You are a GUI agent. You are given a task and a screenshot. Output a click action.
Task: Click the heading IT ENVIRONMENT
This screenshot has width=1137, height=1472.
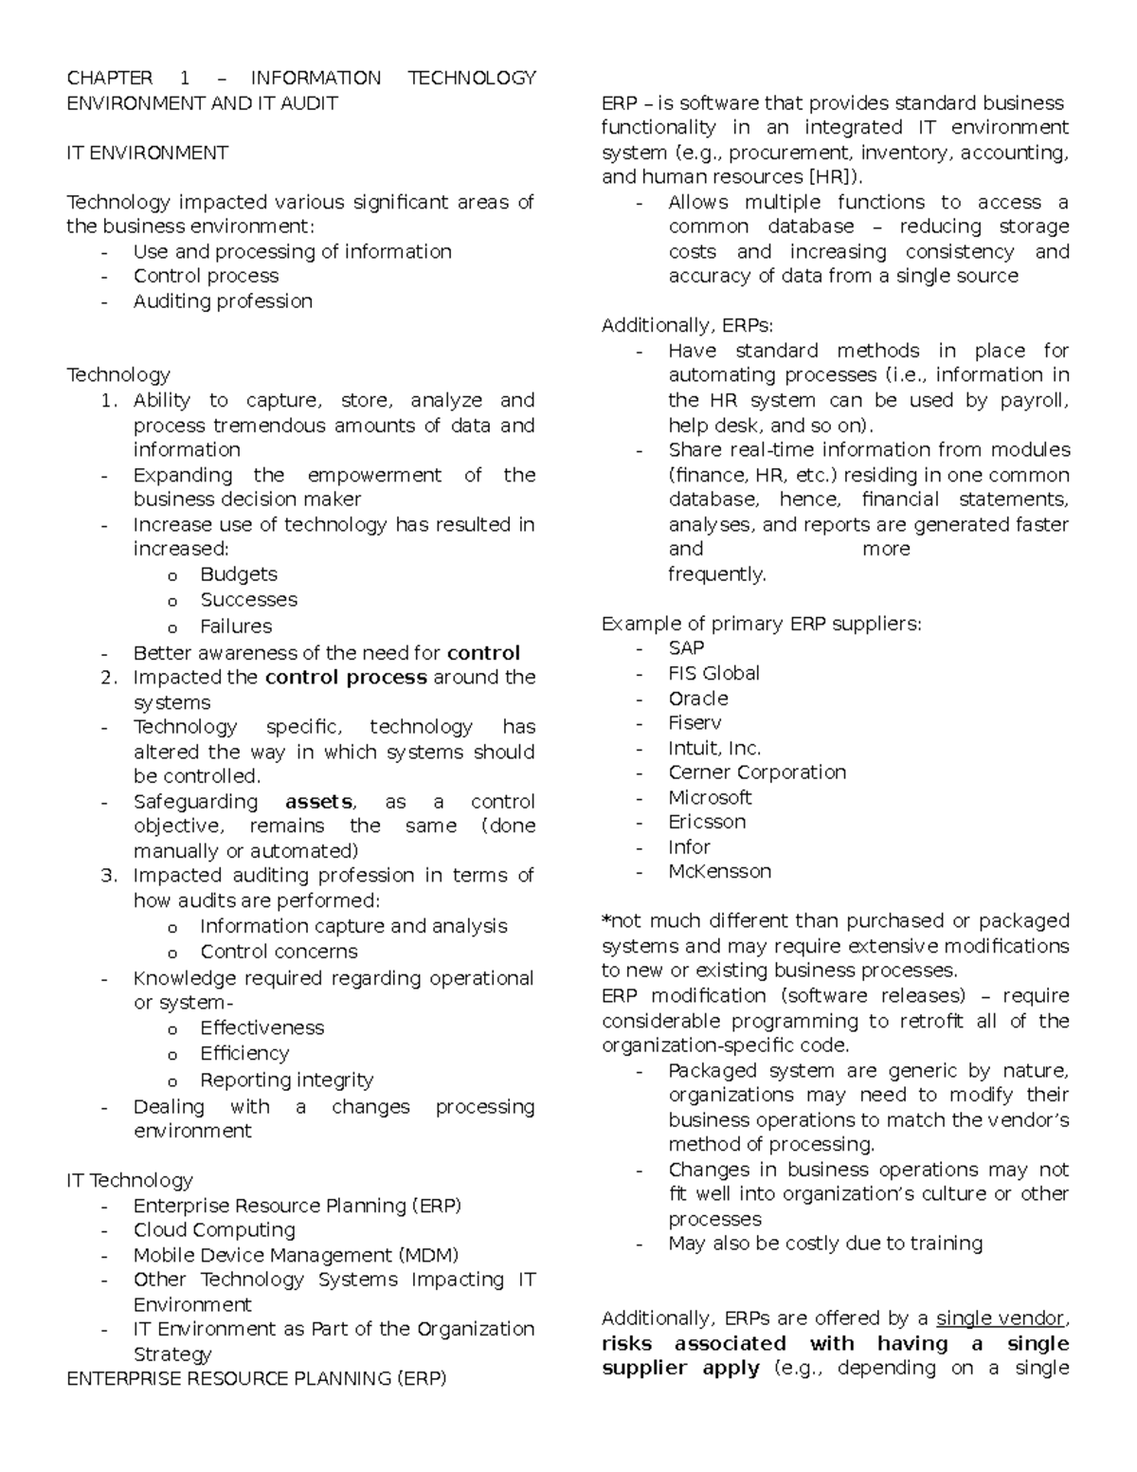pyautogui.click(x=147, y=153)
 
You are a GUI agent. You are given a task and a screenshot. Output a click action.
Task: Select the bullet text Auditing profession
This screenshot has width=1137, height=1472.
pyautogui.click(x=223, y=301)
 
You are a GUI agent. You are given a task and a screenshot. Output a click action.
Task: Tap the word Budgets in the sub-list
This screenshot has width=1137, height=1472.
pyautogui.click(x=239, y=574)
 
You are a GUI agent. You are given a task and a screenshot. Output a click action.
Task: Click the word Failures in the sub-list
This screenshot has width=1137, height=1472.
pyautogui.click(x=236, y=627)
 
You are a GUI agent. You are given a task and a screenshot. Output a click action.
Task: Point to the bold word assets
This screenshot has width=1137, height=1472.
pyautogui.click(x=319, y=802)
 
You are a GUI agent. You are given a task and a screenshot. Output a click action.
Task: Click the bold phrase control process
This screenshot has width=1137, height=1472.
pyautogui.click(x=346, y=678)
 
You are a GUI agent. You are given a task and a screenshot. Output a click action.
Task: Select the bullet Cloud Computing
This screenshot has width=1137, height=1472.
pyautogui.click(x=214, y=1230)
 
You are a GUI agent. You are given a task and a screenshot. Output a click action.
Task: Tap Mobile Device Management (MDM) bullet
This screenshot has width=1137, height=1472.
pyautogui.click(x=296, y=1255)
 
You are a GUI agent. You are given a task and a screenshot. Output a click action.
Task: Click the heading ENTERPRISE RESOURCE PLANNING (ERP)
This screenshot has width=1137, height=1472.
pyautogui.click(x=256, y=1379)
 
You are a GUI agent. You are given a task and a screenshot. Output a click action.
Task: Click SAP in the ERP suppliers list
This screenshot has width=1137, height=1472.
pyautogui.click(x=686, y=648)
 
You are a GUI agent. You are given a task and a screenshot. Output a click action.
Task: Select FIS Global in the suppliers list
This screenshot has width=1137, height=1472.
pyautogui.click(x=713, y=673)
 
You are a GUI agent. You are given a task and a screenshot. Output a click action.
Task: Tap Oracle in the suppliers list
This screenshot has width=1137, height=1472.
pyautogui.click(x=698, y=699)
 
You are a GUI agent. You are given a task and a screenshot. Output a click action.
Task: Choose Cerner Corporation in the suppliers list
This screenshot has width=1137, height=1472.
pyautogui.click(x=757, y=772)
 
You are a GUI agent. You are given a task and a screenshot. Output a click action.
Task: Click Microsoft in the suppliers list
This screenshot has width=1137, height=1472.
pyautogui.click(x=710, y=798)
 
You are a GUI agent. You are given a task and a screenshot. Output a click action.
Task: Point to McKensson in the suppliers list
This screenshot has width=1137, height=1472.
pyautogui.click(x=719, y=872)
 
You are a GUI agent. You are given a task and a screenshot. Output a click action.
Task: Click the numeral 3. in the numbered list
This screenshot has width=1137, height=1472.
pyautogui.click(x=109, y=876)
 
